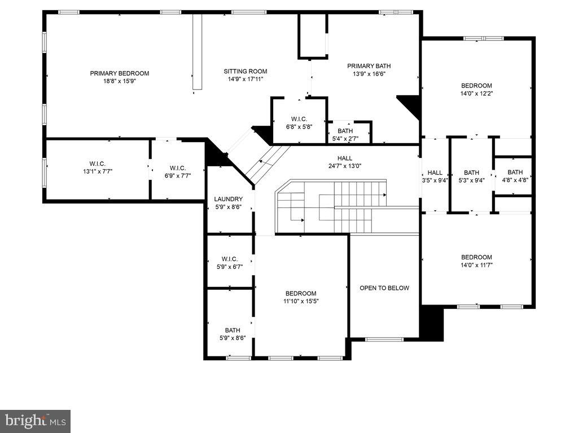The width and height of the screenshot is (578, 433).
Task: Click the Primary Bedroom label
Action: click(120, 73)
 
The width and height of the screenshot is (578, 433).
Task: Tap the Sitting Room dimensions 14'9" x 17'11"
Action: click(245, 79)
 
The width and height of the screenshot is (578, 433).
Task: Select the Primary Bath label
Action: click(369, 66)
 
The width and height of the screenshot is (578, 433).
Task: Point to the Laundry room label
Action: click(229, 199)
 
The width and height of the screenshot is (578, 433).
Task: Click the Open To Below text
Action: click(384, 288)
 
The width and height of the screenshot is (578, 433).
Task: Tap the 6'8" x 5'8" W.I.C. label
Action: click(299, 123)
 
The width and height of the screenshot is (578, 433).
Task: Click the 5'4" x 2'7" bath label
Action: click(345, 135)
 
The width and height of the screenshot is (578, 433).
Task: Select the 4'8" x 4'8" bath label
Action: click(515, 176)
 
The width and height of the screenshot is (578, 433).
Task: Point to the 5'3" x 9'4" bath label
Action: click(471, 176)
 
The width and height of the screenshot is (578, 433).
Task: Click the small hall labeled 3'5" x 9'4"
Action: click(435, 176)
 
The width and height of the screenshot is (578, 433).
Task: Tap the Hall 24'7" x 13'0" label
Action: click(345, 162)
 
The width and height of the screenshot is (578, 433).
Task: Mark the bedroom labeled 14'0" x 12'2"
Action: click(476, 90)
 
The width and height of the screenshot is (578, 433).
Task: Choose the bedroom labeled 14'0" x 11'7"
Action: click(476, 261)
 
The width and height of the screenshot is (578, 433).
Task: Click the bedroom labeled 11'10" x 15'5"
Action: click(300, 297)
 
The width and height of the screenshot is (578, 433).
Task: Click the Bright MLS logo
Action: click(35, 421)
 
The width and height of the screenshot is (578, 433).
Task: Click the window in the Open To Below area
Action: click(384, 339)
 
